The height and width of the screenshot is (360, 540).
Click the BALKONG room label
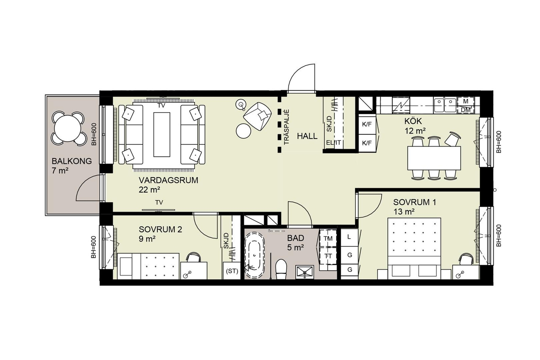point(72,161)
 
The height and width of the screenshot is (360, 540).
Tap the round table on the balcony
point(68,129)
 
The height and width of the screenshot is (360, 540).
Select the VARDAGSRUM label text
point(168,180)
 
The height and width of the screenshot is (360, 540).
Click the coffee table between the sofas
point(162,135)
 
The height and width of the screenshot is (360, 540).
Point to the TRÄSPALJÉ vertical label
point(286,127)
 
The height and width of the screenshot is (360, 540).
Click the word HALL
point(307,136)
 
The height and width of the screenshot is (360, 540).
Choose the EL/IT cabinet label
point(334,143)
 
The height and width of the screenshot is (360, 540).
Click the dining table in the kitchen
point(434,158)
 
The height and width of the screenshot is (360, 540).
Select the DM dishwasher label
point(466,110)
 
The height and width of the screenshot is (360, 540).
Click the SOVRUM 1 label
point(415,202)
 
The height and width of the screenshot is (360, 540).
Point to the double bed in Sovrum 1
point(414,249)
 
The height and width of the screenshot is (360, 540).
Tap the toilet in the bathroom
point(281,269)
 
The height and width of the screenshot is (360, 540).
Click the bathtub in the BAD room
point(255,255)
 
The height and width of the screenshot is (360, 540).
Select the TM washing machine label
point(328,239)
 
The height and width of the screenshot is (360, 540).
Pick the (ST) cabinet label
point(232,271)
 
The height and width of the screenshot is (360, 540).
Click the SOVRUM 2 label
point(160,230)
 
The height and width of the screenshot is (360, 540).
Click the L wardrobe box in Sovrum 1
point(349,237)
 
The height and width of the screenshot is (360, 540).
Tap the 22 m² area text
point(149,190)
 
